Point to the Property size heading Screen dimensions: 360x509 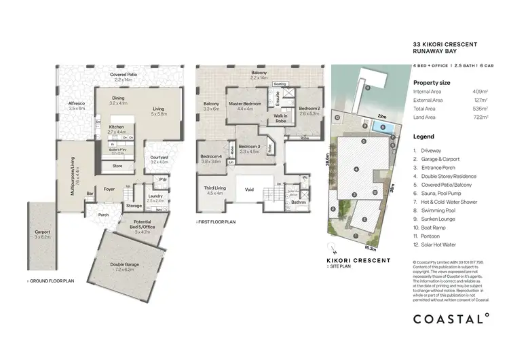point(432,82)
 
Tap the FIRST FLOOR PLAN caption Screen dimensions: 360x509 point(217,221)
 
